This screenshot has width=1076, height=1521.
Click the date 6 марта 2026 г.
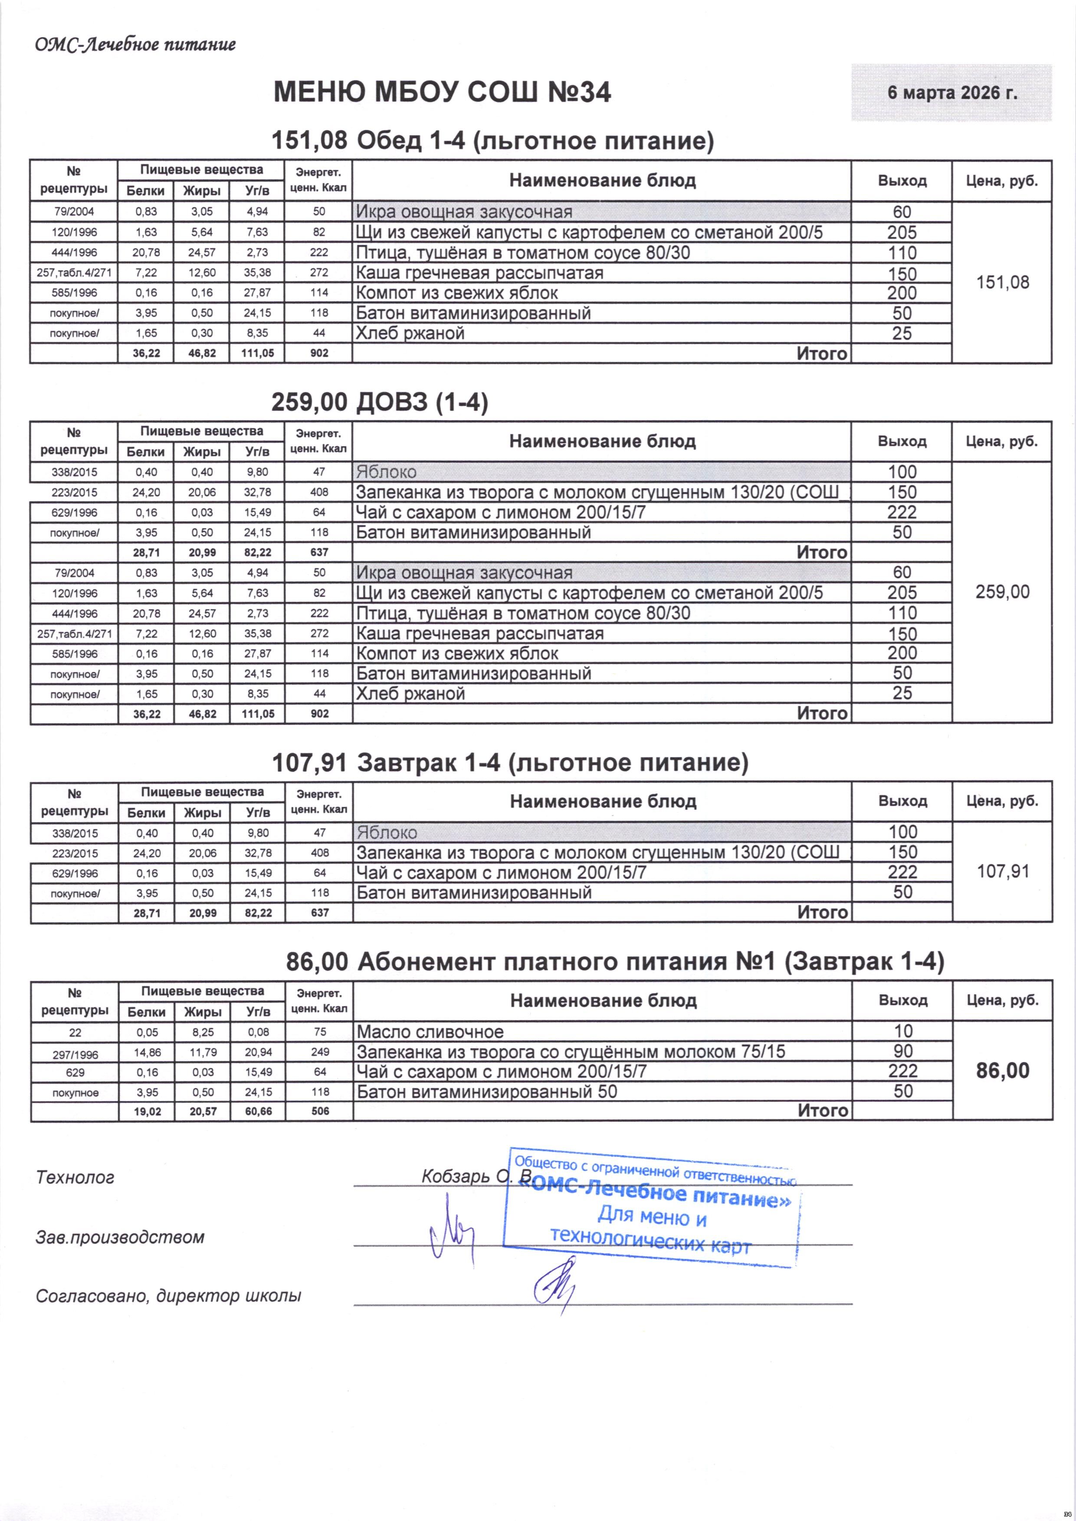[x=951, y=93]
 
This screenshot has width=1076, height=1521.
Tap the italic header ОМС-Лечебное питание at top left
[x=135, y=45]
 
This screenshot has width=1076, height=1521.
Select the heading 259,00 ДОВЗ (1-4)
[x=380, y=402]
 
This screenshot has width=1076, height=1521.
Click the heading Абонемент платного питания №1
[x=615, y=961]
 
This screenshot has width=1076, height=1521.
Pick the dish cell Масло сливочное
[x=430, y=1031]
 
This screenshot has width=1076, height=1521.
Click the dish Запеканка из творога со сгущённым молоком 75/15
[x=571, y=1051]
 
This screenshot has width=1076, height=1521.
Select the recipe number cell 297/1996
[x=75, y=1053]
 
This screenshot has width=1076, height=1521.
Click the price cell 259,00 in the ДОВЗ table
[x=1002, y=592]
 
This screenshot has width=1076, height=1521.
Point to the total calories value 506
[x=320, y=1111]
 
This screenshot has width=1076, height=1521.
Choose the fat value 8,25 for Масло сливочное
[x=202, y=1031]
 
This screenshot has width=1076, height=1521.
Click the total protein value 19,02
[x=146, y=1111]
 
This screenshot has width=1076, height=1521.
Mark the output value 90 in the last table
[x=902, y=1051]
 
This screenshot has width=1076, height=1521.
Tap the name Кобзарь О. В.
[x=477, y=1176]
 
